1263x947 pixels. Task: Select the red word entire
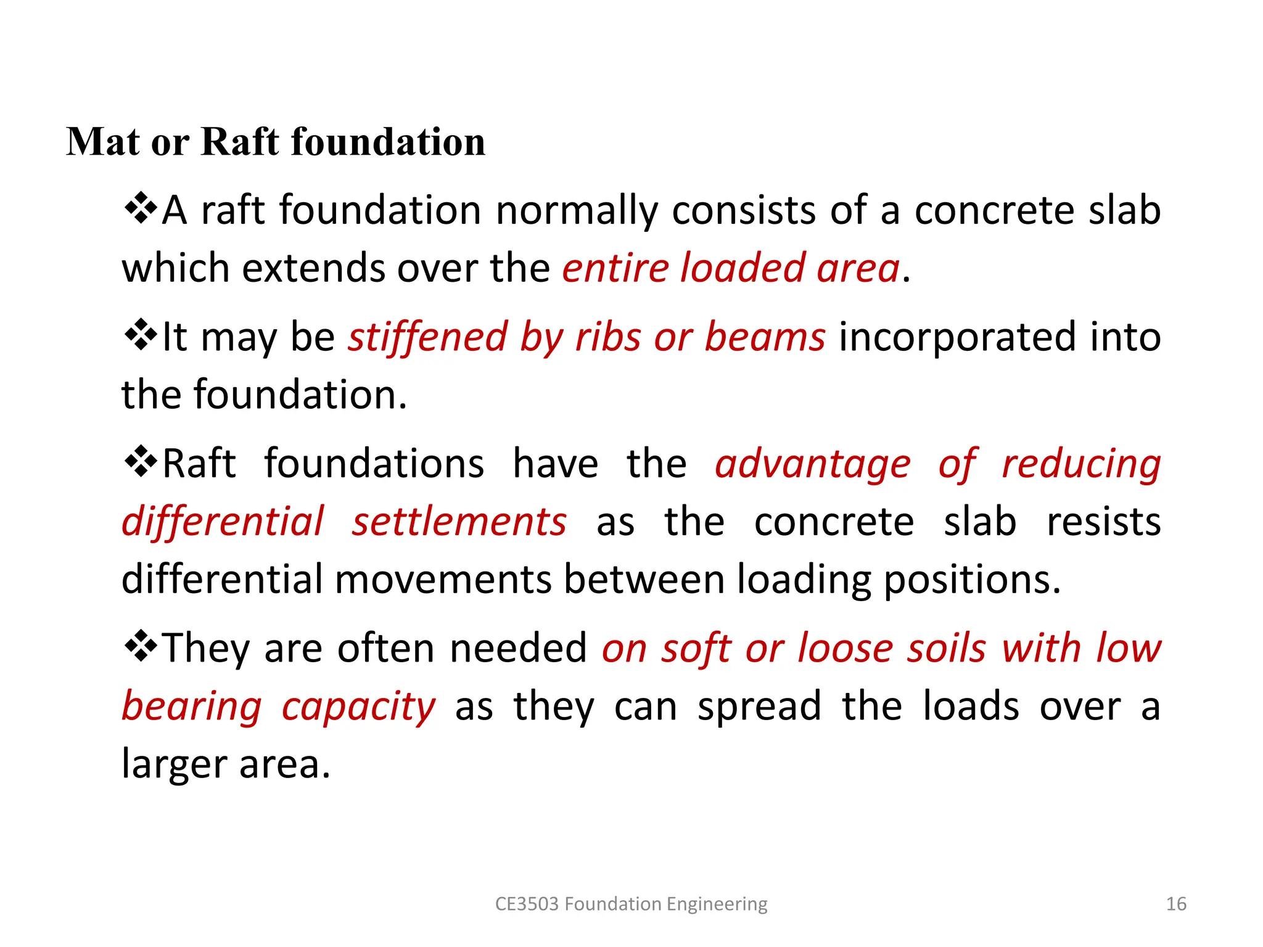[x=615, y=269]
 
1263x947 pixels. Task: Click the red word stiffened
[x=427, y=337]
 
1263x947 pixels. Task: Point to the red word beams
[x=765, y=337]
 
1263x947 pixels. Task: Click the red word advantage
[x=813, y=464]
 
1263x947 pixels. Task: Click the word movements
[x=443, y=580]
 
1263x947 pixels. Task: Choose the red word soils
[x=947, y=649]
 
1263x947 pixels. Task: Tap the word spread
[x=759, y=707]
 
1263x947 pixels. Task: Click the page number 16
[x=1176, y=904]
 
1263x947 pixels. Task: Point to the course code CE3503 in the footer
[x=527, y=904]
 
